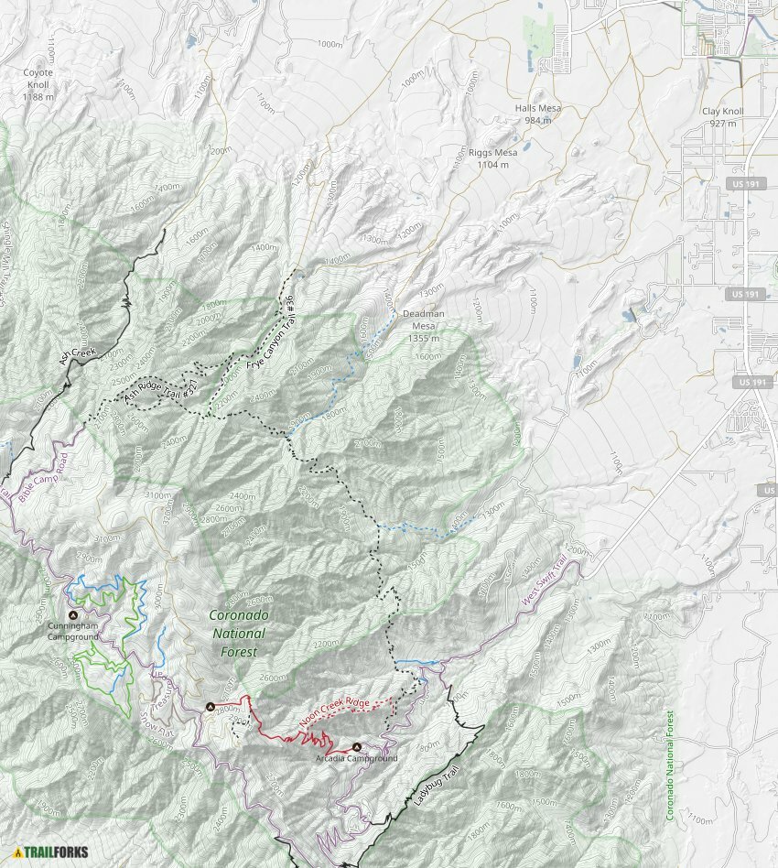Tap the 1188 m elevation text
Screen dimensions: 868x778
pos(38,96)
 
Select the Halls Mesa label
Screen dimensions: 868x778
pos(537,108)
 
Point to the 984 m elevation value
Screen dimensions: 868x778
pos(537,120)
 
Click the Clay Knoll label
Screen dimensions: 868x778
pos(722,112)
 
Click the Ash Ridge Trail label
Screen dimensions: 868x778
pos(161,389)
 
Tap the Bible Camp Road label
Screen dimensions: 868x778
pos(42,475)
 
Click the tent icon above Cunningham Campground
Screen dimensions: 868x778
pos(73,614)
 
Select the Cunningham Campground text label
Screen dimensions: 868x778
pos(72,631)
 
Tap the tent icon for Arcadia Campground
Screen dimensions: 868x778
pos(357,747)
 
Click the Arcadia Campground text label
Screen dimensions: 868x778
pos(357,759)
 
